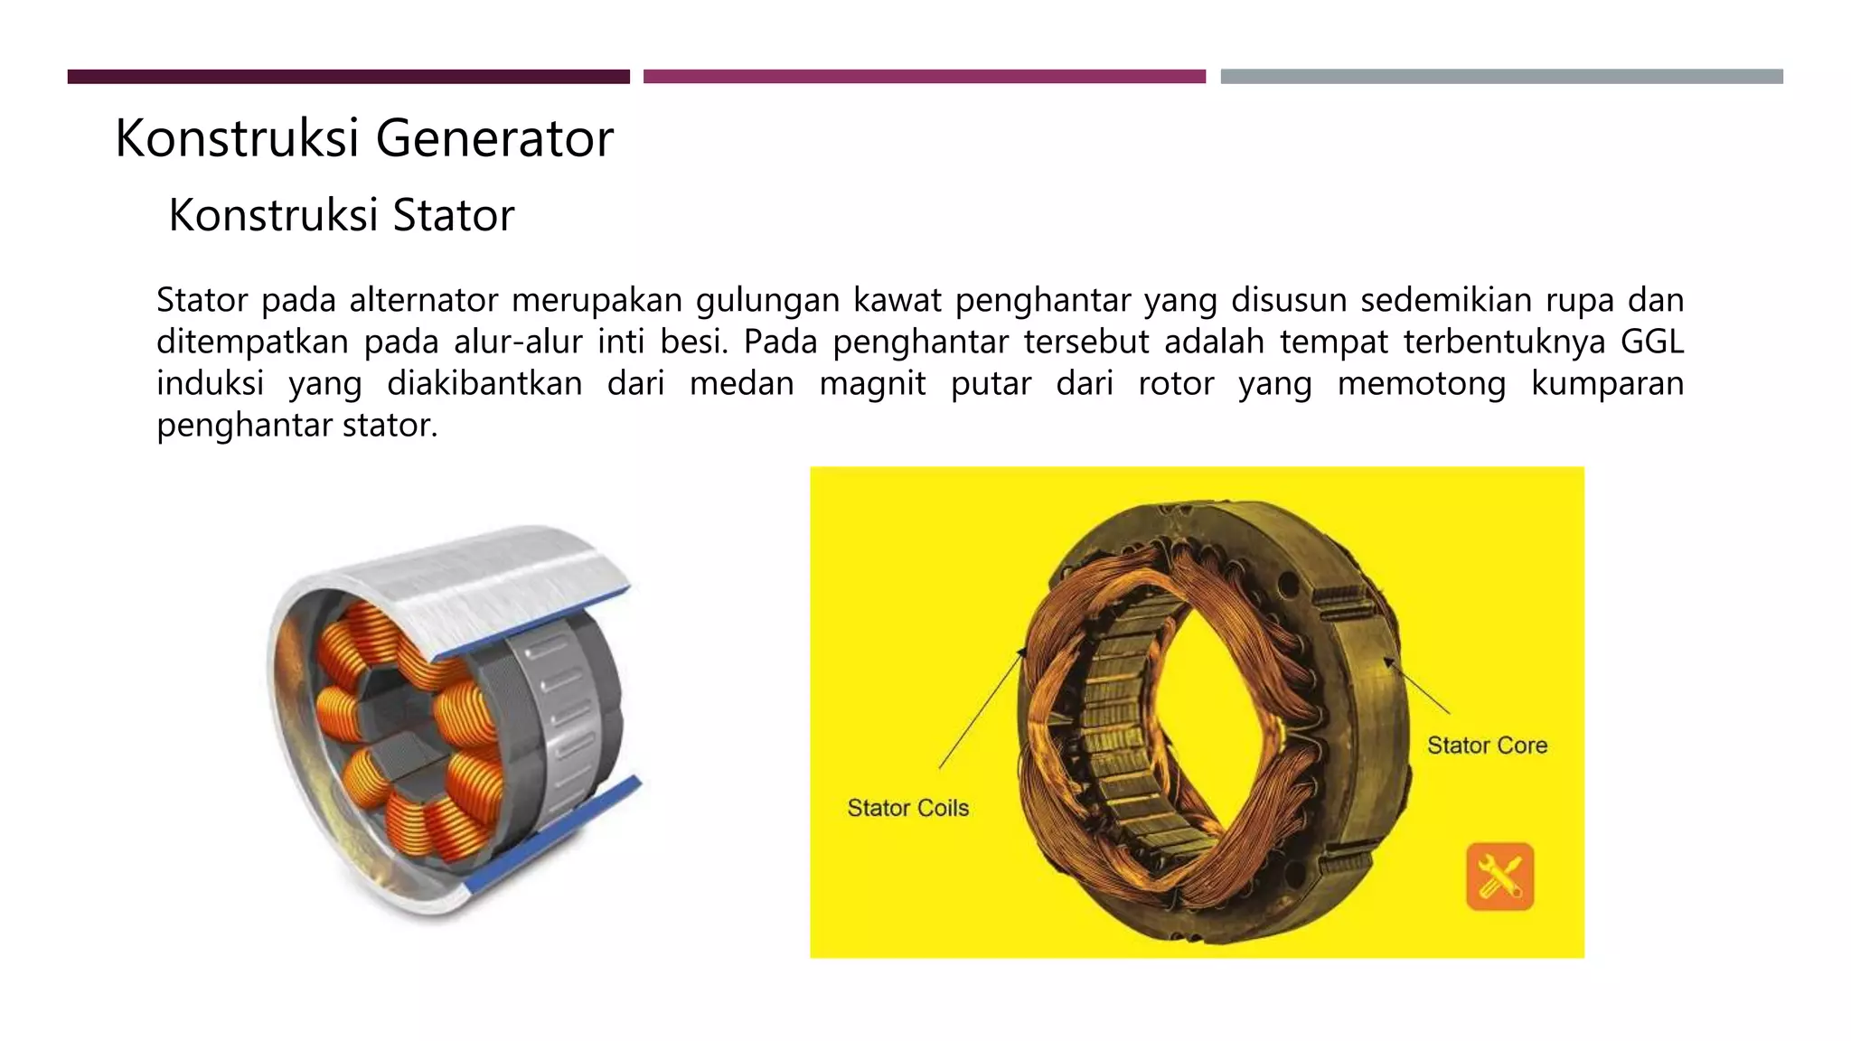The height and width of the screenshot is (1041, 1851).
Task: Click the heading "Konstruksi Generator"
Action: tap(364, 138)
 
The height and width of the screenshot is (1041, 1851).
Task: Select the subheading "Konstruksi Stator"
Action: tap(342, 215)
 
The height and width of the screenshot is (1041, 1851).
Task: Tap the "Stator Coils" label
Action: tap(907, 808)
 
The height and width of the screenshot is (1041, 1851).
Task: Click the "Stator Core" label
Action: tap(1487, 746)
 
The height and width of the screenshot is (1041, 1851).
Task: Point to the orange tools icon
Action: tap(1499, 876)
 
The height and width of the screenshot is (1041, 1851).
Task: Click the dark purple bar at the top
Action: tap(349, 77)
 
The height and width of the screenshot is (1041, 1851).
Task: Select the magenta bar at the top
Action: tap(925, 77)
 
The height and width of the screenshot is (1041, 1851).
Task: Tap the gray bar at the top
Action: tap(1502, 77)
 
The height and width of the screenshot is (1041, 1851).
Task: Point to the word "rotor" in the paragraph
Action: tap(1176, 383)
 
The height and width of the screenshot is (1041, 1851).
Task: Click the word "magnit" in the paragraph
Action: tap(872, 384)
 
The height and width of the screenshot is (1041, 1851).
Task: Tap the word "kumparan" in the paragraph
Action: tap(1608, 384)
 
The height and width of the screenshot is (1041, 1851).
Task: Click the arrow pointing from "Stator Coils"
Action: tap(982, 708)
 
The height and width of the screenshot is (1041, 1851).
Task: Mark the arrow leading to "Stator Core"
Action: tap(1416, 686)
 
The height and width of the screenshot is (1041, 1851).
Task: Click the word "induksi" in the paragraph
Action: tap(211, 384)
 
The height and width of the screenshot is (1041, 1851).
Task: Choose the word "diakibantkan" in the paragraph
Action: tap(484, 384)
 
